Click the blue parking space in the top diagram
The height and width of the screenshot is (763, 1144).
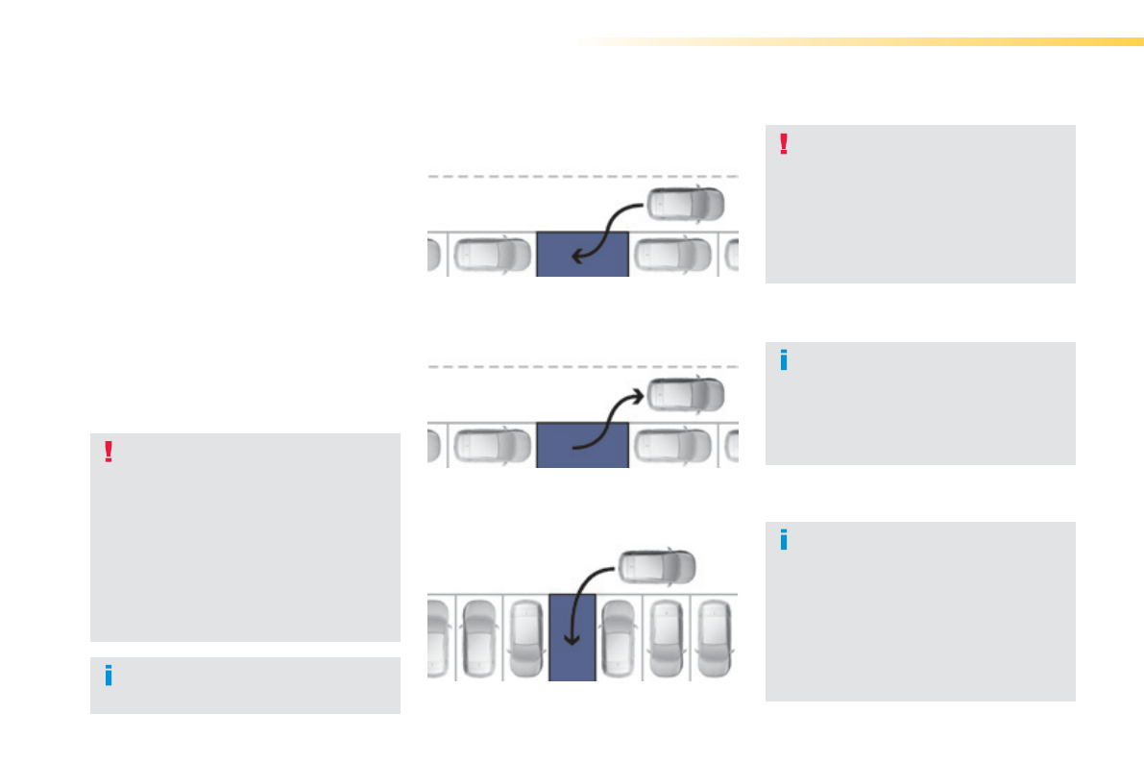pos(582,254)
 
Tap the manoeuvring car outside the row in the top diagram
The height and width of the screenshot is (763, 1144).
pos(686,205)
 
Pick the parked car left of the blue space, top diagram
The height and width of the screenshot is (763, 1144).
pos(492,255)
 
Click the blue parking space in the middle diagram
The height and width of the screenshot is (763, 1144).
pos(582,445)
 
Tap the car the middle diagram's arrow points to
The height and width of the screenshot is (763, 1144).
pos(686,395)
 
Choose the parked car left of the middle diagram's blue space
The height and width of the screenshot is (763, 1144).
pos(492,445)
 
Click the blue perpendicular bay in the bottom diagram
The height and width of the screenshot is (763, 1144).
pos(572,637)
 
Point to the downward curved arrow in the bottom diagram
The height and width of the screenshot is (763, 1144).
pos(580,601)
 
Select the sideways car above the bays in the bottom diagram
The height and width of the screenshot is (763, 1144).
pos(657,567)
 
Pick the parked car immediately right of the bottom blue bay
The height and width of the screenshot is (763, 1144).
pos(619,637)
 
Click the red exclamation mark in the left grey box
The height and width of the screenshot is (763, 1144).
pos(109,453)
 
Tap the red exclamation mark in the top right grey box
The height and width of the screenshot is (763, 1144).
pos(784,144)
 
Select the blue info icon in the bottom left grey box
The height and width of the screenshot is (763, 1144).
pos(109,677)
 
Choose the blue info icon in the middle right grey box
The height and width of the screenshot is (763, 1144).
pos(784,361)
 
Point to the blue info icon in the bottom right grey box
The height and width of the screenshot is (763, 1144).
pos(784,541)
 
